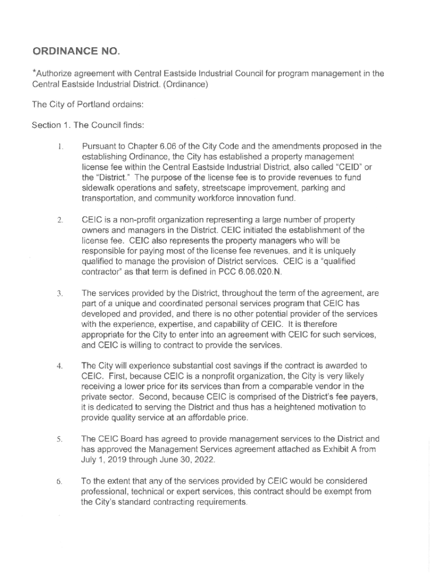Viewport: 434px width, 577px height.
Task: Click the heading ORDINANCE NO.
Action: [76, 52]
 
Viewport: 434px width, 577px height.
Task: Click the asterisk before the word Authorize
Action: [34, 72]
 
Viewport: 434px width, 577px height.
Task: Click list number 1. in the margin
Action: [60, 147]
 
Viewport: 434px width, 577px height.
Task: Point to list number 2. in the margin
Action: [60, 220]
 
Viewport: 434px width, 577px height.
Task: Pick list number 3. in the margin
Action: [60, 294]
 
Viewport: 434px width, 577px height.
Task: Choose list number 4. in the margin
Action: [60, 367]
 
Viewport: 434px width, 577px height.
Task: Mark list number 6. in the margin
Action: [60, 482]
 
